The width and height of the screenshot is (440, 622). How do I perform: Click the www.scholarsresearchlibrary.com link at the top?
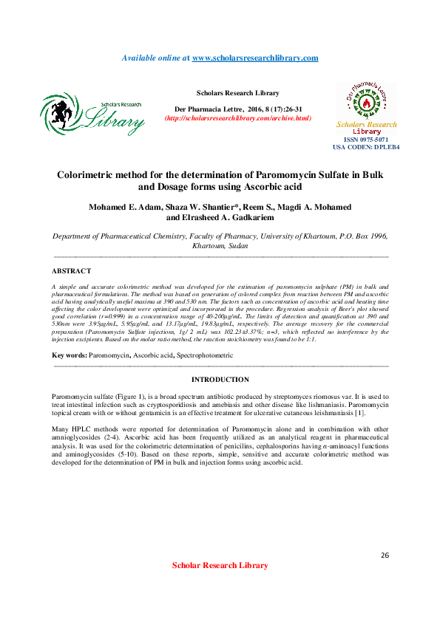[255, 58]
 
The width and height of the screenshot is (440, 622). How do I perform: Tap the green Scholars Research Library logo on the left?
[92, 114]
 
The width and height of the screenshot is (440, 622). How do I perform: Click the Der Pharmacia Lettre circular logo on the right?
[366, 101]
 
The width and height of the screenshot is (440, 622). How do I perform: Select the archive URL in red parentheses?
[237, 118]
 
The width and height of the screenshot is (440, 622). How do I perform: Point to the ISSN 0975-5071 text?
[365, 140]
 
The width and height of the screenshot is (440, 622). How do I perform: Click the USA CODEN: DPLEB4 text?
[365, 147]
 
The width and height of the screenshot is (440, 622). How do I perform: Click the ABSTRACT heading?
[72, 271]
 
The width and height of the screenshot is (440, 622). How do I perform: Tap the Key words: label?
[69, 355]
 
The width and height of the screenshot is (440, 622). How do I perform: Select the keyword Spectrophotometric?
[203, 355]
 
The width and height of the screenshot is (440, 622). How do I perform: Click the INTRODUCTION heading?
[220, 380]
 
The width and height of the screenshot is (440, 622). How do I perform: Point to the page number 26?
[384, 555]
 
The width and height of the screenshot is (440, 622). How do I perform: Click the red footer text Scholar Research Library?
[220, 566]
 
